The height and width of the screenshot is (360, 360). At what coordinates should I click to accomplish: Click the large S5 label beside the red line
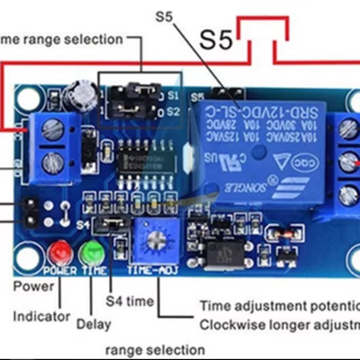pos(216,39)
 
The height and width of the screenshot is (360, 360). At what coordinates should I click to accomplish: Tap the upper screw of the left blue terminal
pos(52,129)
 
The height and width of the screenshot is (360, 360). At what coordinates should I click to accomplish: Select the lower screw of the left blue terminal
pos(52,161)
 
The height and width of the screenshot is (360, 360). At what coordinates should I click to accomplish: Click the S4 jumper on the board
pos(112,223)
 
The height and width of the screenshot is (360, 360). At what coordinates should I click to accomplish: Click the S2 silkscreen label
pos(173,112)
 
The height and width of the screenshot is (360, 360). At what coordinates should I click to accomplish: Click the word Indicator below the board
pos(42,316)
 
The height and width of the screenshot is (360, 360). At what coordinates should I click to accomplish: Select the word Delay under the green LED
pos(93,325)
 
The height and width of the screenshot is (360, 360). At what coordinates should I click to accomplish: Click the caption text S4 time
pos(129,301)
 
